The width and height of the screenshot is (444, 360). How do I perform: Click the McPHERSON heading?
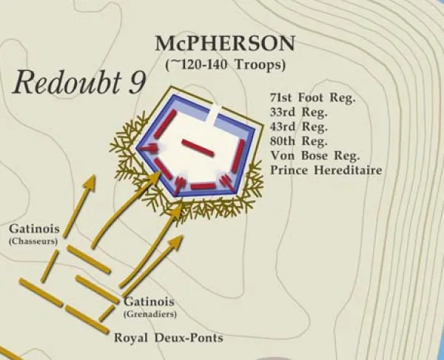pyautogui.click(x=225, y=44)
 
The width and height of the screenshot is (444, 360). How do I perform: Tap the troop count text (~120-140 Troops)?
pyautogui.click(x=225, y=64)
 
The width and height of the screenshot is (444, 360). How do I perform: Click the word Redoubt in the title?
pyautogui.click(x=68, y=83)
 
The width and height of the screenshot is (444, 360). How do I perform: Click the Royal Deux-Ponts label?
pyautogui.click(x=168, y=338)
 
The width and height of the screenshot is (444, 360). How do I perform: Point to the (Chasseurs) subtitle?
pyautogui.click(x=30, y=241)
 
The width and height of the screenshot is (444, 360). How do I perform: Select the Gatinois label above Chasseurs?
pyautogui.click(x=30, y=228)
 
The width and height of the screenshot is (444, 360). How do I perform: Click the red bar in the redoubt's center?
pyautogui.click(x=198, y=148)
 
